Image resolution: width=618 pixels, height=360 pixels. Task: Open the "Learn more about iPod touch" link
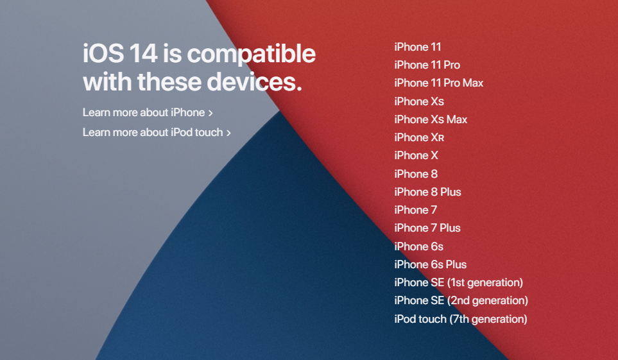pos(153,132)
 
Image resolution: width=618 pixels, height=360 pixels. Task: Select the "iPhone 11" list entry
pos(417,47)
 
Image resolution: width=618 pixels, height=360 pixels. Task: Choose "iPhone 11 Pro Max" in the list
pos(438,83)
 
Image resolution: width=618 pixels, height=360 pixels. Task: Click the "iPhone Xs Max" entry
pos(431,119)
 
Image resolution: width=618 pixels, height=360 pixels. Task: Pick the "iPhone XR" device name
pos(419,137)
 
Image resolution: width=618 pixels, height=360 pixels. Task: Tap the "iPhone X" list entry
pos(416,155)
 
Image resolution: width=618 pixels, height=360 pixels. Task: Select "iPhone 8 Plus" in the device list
pos(427,192)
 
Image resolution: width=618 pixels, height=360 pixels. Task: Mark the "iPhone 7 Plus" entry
pos(427,228)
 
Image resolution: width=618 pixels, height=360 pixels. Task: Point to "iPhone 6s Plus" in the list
pos(430,264)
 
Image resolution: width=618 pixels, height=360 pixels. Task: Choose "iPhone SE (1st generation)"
pos(458,282)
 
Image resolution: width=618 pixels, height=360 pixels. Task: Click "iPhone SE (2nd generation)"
pos(461,300)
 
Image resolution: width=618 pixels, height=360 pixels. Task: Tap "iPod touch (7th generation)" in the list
pos(460,319)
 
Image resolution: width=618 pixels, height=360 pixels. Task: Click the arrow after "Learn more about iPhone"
pos(210,113)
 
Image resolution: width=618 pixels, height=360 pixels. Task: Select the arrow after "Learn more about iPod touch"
pos(228,133)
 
